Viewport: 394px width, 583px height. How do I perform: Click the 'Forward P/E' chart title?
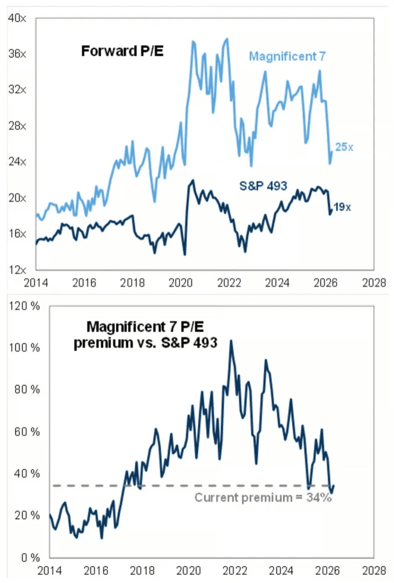pyautogui.click(x=122, y=51)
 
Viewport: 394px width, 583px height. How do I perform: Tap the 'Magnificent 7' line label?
pyautogui.click(x=287, y=56)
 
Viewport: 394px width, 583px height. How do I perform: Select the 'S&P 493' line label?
pyautogui.click(x=263, y=186)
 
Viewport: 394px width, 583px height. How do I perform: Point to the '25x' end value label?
pyautogui.click(x=344, y=147)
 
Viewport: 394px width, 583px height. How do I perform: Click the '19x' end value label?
pyautogui.click(x=342, y=207)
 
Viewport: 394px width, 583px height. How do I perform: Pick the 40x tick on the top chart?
pyautogui.click(x=17, y=18)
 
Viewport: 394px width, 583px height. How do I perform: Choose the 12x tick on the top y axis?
pyautogui.click(x=17, y=270)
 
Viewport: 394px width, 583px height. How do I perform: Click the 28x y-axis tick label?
pyautogui.click(x=17, y=126)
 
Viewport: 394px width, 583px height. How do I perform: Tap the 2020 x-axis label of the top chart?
pyautogui.click(x=181, y=283)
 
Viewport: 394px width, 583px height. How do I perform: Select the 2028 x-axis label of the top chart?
pyautogui.click(x=374, y=283)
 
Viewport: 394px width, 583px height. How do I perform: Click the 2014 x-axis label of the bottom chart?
pyautogui.click(x=50, y=570)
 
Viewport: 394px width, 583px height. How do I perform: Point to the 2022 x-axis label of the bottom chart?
pyautogui.click(x=235, y=570)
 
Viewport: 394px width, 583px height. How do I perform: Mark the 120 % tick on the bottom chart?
pyautogui.click(x=24, y=306)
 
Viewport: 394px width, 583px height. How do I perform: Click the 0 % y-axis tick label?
pyautogui.click(x=30, y=557)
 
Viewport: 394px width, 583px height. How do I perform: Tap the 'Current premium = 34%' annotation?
pyautogui.click(x=263, y=498)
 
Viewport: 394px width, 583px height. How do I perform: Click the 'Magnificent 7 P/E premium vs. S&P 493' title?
pyautogui.click(x=145, y=335)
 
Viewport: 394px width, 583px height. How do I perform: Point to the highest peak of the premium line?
pyautogui.click(x=231, y=341)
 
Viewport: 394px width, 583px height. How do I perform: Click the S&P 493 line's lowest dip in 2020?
pyautogui.click(x=185, y=254)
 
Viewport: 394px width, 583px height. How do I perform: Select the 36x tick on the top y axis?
pyautogui.click(x=17, y=54)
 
